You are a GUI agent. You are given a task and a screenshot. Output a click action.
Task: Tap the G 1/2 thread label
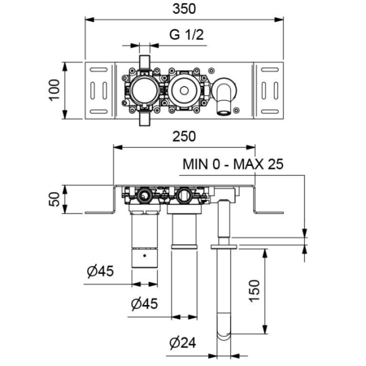185,35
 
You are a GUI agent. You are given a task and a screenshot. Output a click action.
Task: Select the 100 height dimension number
54,90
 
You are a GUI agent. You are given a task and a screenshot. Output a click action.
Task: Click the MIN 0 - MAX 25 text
234,164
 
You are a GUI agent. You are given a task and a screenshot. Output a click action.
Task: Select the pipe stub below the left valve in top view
145,118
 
